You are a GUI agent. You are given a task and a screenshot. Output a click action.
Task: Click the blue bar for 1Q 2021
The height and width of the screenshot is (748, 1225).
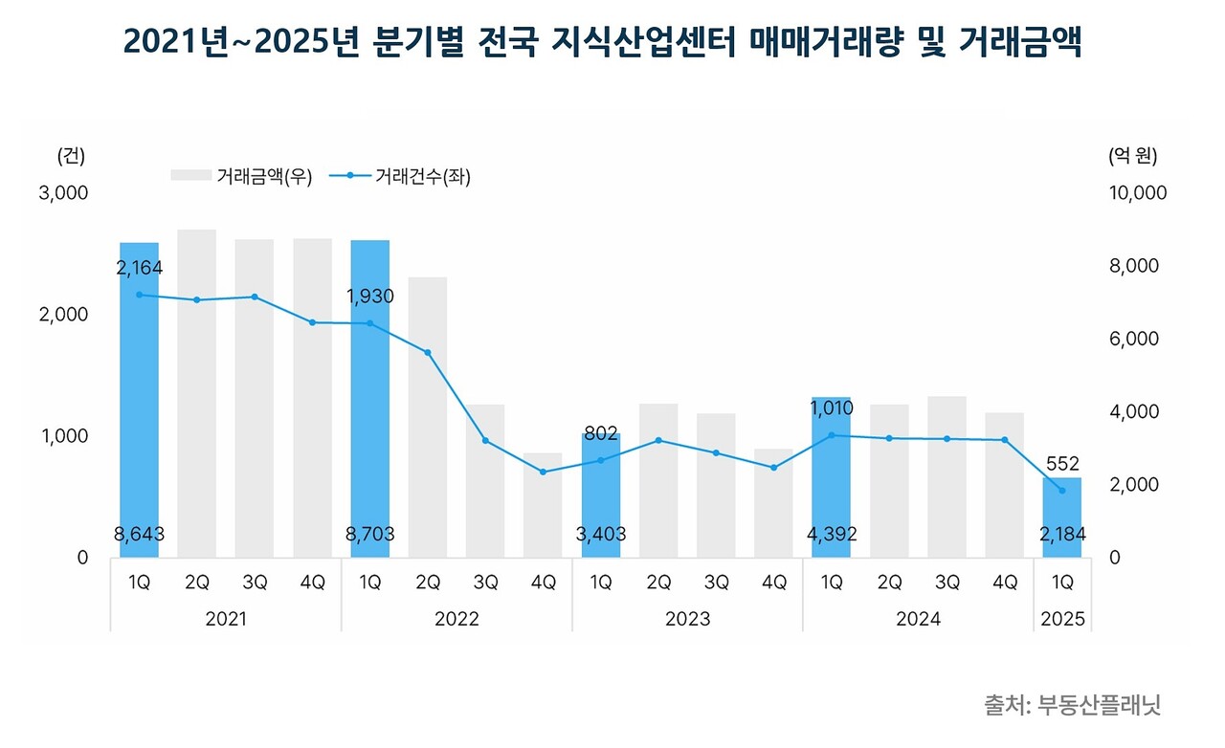tap(140, 402)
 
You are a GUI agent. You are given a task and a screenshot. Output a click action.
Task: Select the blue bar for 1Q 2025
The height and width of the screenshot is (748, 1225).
tap(1062, 517)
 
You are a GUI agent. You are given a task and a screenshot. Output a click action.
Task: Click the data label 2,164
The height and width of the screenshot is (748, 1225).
tap(140, 270)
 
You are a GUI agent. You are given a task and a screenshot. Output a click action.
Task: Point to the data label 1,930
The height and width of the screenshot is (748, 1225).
tap(369, 297)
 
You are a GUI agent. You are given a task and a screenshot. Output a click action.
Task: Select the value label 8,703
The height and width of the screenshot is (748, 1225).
tap(369, 535)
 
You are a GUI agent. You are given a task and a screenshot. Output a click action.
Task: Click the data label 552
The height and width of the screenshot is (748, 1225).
tap(1062, 464)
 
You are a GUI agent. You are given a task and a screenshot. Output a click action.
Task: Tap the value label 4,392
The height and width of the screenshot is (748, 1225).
tap(831, 535)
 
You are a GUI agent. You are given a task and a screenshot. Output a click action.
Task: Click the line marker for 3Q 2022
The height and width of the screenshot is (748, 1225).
tap(485, 441)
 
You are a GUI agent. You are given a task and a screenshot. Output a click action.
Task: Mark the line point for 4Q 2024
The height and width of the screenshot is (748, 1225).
tap(1005, 440)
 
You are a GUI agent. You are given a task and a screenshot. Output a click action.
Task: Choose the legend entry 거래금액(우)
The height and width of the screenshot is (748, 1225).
tap(242, 176)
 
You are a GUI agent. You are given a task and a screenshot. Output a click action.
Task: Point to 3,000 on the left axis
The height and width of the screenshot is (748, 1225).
tap(63, 193)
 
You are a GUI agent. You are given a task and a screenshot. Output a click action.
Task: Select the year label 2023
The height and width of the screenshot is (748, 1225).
tap(687, 620)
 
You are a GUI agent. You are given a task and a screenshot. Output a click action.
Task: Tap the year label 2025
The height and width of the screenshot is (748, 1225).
tap(1062, 620)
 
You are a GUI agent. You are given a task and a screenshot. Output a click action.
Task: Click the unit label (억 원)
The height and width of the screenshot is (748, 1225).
tap(1132, 155)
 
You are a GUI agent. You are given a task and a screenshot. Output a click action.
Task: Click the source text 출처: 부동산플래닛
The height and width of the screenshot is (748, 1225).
tap(1073, 706)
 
